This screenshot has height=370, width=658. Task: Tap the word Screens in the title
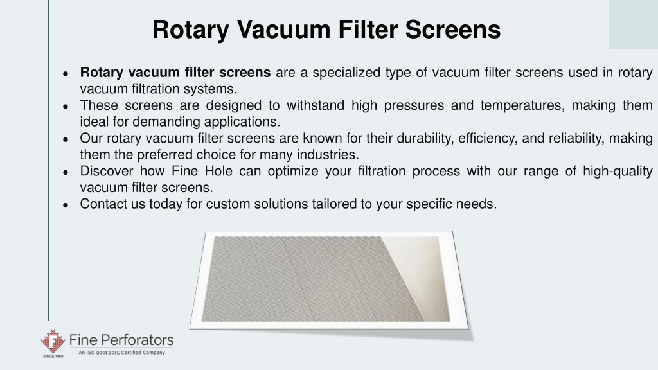pos(453,30)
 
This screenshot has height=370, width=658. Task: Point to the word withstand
pos(315,105)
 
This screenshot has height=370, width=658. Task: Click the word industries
pos(328,155)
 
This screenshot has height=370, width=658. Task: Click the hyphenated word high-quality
pos(618,172)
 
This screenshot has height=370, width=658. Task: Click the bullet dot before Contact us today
pos(66,205)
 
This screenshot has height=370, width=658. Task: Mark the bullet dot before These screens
pos(66,107)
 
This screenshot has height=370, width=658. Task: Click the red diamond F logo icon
pos(53,341)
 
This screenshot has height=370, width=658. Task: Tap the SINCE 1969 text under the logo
pos(53,356)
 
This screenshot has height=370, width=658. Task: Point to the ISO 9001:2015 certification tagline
pos(121,353)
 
